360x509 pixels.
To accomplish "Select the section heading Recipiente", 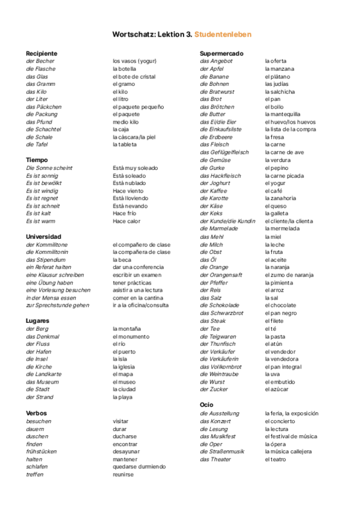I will pyautogui.click(x=41, y=53).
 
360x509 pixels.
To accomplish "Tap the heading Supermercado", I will pyautogui.click(x=221, y=53).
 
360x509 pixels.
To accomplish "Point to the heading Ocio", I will pyautogui.click(x=206, y=405).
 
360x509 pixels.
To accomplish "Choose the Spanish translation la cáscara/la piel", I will pyautogui.click(x=134, y=137).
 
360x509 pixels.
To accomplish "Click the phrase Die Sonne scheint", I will pyautogui.click(x=49, y=168).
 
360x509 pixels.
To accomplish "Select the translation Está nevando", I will pyautogui.click(x=130, y=206).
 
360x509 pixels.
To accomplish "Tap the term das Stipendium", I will pyautogui.click(x=46, y=260).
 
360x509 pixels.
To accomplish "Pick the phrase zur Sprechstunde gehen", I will pyautogui.click(x=57, y=306).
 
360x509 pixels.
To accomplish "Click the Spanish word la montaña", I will pyautogui.click(x=127, y=329).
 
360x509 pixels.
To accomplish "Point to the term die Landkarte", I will pyautogui.click(x=44, y=374).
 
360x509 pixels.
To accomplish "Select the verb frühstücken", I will pyautogui.click(x=41, y=451).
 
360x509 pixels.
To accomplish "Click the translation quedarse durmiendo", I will pyautogui.click(x=139, y=466).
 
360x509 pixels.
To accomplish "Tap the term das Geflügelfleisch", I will pyautogui.click(x=224, y=152).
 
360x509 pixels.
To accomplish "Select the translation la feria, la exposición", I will pyautogui.click(x=292, y=414).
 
